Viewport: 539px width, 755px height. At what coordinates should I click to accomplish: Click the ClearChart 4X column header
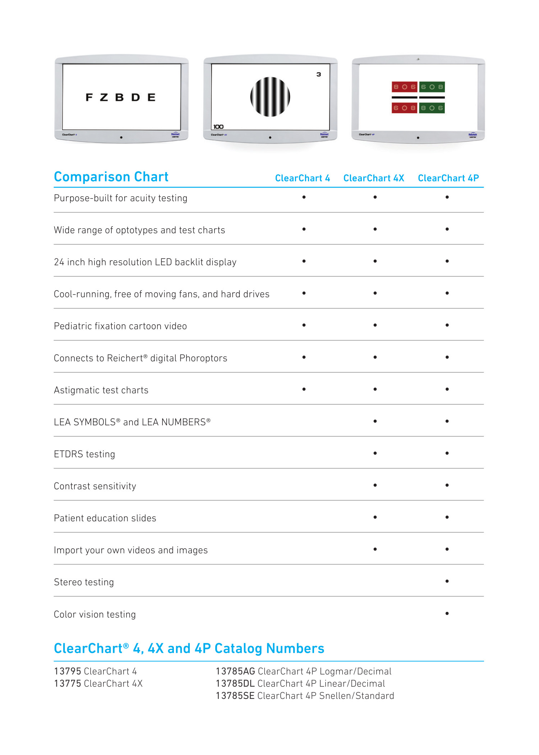pyautogui.click(x=374, y=178)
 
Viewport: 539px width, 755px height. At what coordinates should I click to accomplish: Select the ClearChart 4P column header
pyautogui.click(x=448, y=178)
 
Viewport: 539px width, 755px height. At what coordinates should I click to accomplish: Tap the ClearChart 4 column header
pyautogui.click(x=302, y=178)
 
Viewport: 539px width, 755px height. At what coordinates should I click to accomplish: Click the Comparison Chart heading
pyautogui.click(x=111, y=177)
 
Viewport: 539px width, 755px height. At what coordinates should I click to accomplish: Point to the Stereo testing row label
pyautogui.click(x=84, y=582)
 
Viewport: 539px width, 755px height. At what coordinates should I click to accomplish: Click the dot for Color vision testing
pyautogui.click(x=447, y=613)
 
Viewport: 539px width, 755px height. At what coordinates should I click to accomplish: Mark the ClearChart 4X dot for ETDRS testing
pyautogui.click(x=375, y=453)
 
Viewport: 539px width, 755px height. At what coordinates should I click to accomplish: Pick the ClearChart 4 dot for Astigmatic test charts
pyautogui.click(x=304, y=389)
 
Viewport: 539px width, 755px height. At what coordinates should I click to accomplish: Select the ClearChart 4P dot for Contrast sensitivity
pyautogui.click(x=447, y=485)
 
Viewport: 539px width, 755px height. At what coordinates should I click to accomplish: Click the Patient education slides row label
pyautogui.click(x=105, y=518)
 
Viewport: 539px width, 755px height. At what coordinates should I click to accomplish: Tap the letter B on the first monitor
pyautogui.click(x=119, y=97)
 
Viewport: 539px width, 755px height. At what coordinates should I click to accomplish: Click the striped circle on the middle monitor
pyautogui.click(x=270, y=97)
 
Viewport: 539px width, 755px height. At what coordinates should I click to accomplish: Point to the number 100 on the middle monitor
pyautogui.click(x=218, y=127)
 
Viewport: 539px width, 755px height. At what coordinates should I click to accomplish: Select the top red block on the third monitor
pyautogui.click(x=404, y=87)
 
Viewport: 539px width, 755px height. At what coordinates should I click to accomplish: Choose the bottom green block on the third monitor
pyautogui.click(x=432, y=108)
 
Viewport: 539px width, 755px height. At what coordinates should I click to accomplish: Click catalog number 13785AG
pyautogui.click(x=235, y=671)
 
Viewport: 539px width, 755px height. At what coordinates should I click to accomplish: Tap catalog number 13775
pyautogui.click(x=68, y=683)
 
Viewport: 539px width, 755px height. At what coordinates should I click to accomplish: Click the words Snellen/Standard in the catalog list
pyautogui.click(x=356, y=696)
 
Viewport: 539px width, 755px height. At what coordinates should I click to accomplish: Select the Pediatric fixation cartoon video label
pyautogui.click(x=120, y=326)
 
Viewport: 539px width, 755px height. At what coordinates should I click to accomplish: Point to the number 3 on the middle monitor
pyautogui.click(x=319, y=74)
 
